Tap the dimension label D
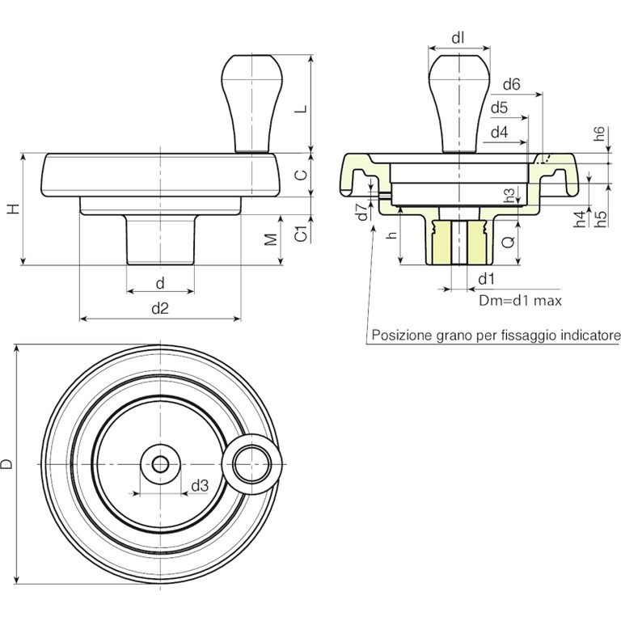click(x=7, y=464)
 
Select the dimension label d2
click(x=160, y=307)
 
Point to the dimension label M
click(x=272, y=239)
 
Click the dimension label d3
click(x=201, y=486)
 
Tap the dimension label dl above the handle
click(x=458, y=37)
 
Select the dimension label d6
click(x=510, y=84)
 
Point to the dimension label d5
click(x=498, y=108)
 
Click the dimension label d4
click(x=498, y=131)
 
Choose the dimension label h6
click(x=598, y=135)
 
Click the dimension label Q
click(x=507, y=241)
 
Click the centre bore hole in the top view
click(x=160, y=464)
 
